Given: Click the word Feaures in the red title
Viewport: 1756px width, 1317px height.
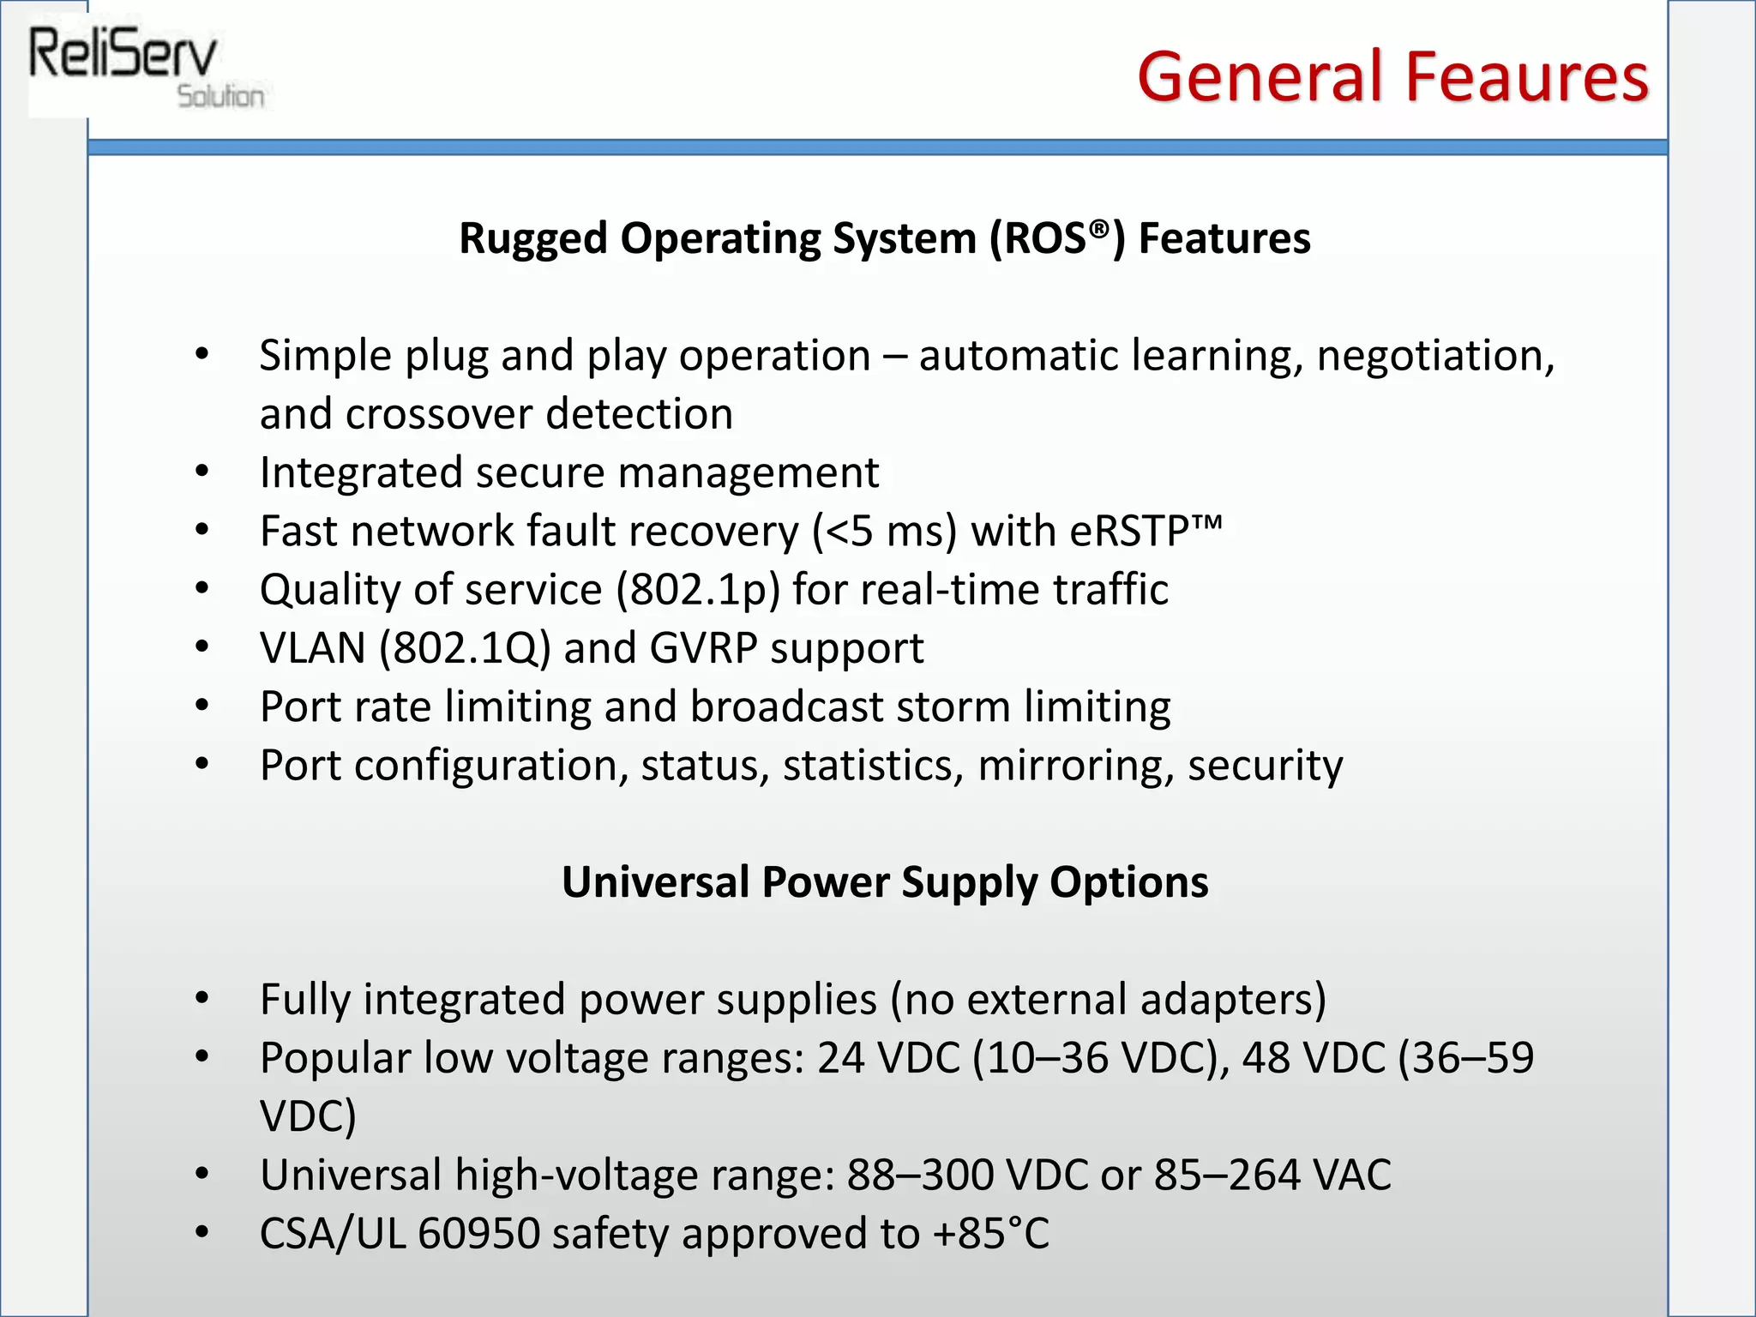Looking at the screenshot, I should (1526, 77).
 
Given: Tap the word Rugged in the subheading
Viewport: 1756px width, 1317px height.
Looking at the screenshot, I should (533, 238).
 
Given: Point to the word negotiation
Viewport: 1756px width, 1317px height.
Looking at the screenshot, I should (1434, 356).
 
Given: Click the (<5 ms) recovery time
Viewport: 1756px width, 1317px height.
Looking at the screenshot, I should (884, 532).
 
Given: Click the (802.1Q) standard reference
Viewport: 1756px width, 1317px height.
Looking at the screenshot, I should (465, 648).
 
